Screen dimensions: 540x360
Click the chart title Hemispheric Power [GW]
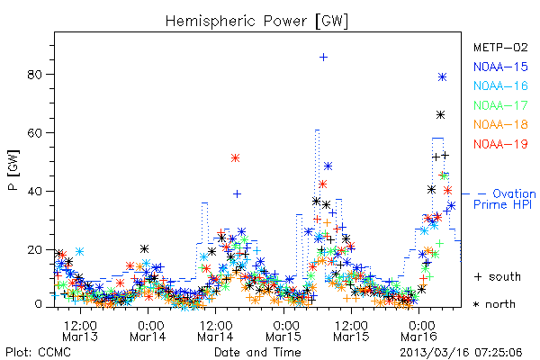256,21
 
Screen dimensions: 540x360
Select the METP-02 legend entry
500,47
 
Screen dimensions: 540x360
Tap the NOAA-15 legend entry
500,67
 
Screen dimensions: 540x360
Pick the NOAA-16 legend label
500,85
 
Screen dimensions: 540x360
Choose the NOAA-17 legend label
500,105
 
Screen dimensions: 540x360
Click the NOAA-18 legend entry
500,124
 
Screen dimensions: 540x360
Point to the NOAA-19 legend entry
500,144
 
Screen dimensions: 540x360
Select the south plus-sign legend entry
498,276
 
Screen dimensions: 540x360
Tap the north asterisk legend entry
494,304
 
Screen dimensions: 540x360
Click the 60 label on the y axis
34,133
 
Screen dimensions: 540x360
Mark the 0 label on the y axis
38,304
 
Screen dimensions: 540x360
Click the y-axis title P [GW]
13,170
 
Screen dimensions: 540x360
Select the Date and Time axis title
257,352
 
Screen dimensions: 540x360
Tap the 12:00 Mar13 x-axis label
80,331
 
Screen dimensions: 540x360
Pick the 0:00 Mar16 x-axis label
419,331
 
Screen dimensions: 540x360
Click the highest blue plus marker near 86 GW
323,58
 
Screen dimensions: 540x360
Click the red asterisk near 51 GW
235,158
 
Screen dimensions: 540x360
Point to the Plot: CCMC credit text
38,352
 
